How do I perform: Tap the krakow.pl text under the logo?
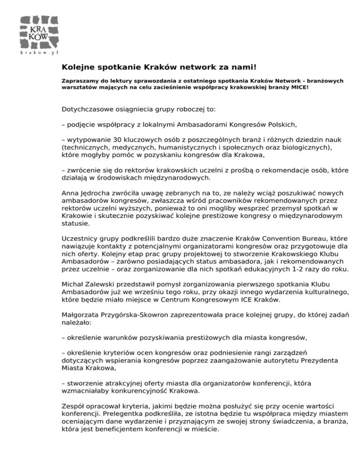tap(38, 53)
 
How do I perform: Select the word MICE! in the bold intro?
tap(299, 87)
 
